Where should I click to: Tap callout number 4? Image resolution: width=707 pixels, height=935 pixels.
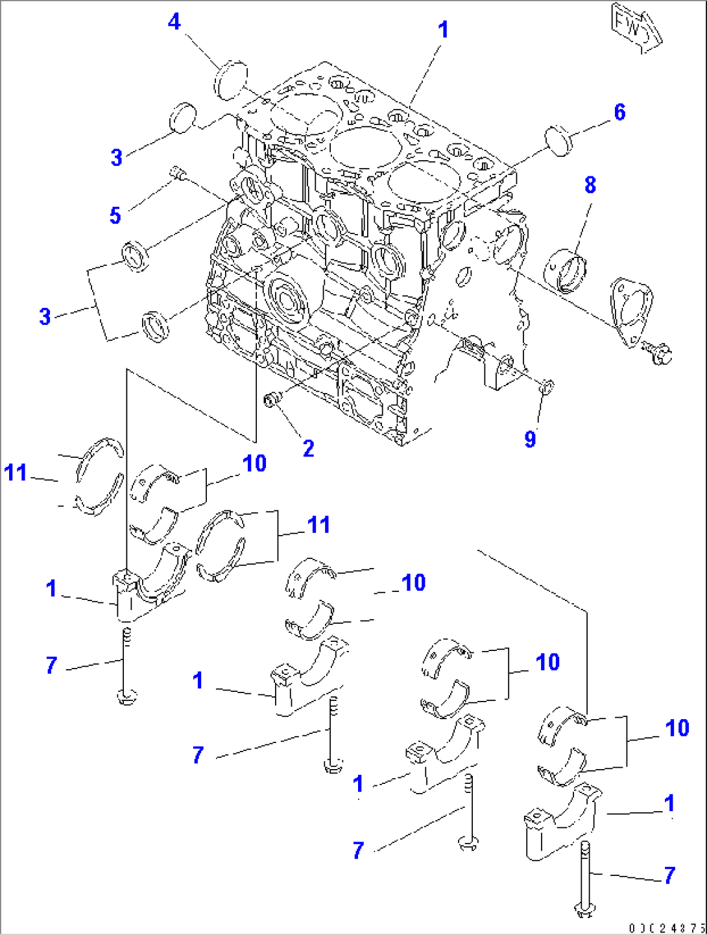pos(174,22)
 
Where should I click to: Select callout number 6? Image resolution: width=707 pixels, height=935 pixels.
pos(619,112)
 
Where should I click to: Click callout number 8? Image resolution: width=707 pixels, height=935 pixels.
pos(590,185)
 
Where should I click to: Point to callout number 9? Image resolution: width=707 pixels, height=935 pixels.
pos(530,439)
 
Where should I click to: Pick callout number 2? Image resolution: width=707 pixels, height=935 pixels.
pos(309,448)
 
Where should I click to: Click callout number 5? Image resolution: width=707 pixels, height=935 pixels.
pos(115,215)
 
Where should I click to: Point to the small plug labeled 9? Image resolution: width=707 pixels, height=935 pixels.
pos(546,388)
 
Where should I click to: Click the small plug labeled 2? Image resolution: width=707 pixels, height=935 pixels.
pos(272,399)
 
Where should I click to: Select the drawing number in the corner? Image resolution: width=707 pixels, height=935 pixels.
pos(665,927)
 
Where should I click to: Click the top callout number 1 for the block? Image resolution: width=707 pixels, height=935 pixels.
pos(443,30)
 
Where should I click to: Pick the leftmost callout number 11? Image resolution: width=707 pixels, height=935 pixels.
pos(16,472)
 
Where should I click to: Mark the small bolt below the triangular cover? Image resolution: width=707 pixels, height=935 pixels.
pos(660,353)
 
